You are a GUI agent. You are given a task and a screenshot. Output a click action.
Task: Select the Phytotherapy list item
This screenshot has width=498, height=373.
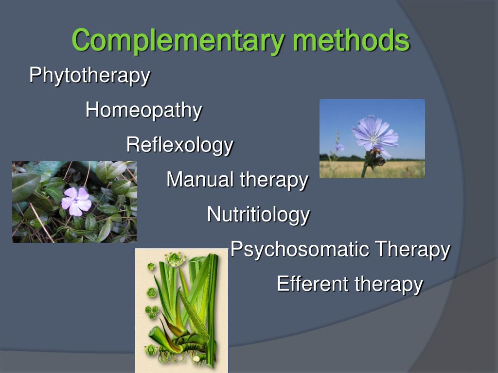[x=89, y=76]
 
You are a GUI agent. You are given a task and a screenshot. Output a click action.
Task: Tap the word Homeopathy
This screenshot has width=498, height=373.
[x=143, y=110]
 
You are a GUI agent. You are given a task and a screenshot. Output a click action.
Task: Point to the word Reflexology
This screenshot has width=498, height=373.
[x=179, y=145]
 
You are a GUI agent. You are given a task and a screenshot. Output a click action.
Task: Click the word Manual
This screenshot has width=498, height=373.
[x=200, y=180]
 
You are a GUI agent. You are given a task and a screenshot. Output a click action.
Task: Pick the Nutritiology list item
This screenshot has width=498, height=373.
[x=258, y=214]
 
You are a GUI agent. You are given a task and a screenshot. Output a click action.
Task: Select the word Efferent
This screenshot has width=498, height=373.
[x=312, y=284]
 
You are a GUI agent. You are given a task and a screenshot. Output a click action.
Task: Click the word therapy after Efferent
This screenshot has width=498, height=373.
[x=389, y=284]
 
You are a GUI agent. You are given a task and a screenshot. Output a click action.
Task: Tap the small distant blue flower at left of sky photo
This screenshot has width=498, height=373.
[x=339, y=146]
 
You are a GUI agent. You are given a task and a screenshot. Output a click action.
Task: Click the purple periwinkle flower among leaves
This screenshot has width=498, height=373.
[x=76, y=201]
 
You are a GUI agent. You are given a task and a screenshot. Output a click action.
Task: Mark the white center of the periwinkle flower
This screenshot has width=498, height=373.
[x=76, y=201]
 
